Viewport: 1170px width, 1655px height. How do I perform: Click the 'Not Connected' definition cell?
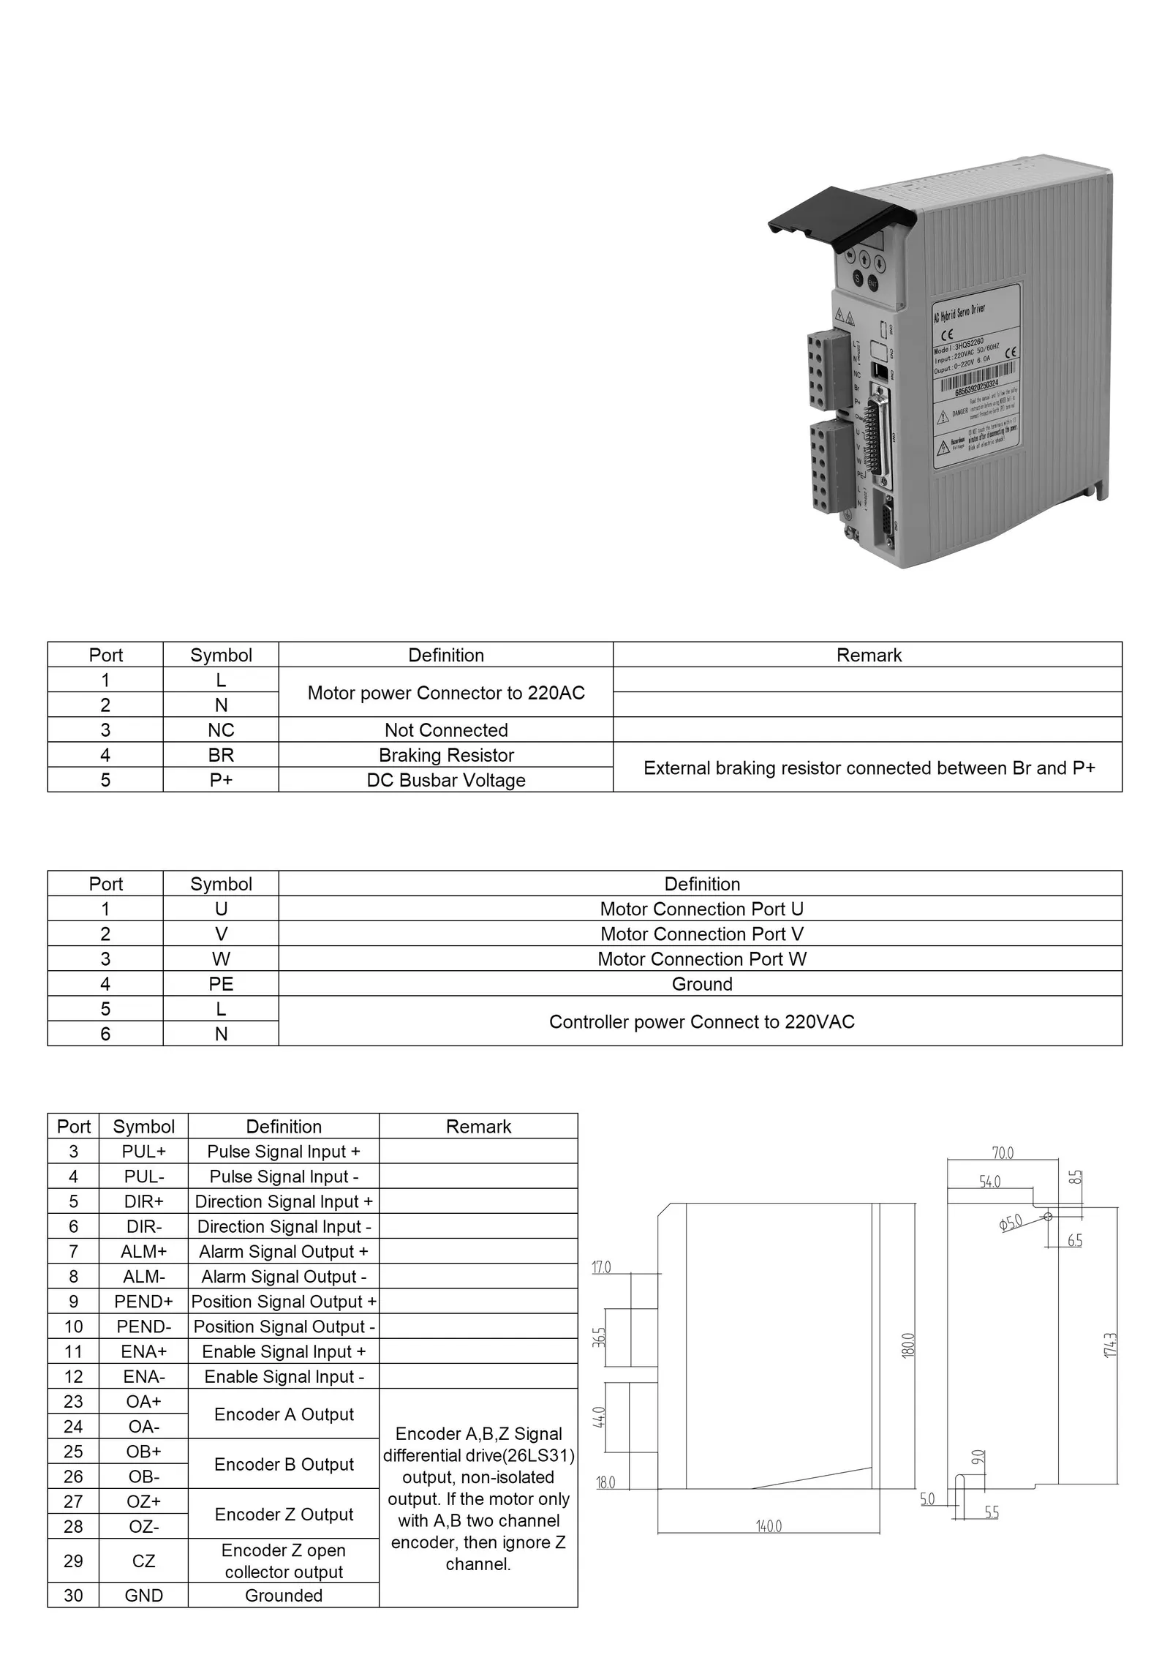446,730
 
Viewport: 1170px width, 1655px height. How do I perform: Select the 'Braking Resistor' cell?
446,755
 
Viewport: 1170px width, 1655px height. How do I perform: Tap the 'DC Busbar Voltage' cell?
446,780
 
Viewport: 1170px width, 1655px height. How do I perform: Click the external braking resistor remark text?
869,768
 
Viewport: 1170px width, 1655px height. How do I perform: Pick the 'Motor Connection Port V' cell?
701,934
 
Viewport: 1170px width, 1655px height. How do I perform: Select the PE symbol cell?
221,984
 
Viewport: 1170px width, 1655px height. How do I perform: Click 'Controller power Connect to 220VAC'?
701,1022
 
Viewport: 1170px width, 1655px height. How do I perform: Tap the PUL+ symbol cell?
144,1152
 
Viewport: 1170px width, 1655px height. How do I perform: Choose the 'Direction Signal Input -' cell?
284,1227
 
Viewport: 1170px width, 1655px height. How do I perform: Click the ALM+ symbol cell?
144,1252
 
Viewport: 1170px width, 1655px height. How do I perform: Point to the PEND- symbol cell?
144,1326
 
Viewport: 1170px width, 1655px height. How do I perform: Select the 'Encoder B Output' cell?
284,1464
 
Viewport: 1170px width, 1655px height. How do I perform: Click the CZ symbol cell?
144,1561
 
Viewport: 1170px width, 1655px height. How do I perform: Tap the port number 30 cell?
73,1596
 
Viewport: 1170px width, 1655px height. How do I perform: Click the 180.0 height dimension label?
908,1346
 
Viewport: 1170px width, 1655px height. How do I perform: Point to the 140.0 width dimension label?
769,1526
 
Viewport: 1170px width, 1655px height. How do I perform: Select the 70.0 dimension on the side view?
1003,1153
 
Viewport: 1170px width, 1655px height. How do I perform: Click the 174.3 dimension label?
1111,1345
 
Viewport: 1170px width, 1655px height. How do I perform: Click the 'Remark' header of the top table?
869,656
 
